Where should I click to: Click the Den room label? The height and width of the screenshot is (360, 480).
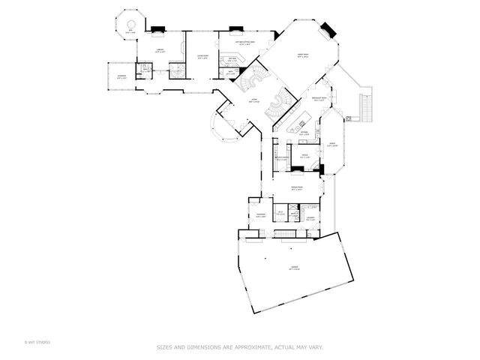(130, 32)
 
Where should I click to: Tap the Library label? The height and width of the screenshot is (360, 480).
(160, 50)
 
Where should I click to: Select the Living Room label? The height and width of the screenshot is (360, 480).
(202, 56)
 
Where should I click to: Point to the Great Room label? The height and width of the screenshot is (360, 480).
(304, 56)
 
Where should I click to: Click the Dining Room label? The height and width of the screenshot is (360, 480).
(297, 187)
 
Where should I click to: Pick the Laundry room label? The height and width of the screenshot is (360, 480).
(310, 219)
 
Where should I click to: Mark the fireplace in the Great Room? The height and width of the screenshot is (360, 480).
(326, 29)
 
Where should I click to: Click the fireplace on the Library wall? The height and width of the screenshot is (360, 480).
(158, 31)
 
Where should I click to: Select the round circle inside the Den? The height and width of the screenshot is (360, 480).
(130, 20)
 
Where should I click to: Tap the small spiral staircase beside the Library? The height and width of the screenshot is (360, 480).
(178, 70)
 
